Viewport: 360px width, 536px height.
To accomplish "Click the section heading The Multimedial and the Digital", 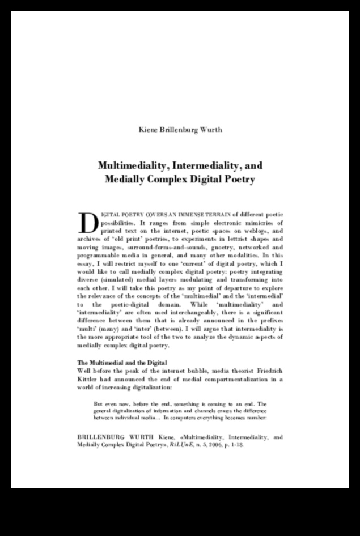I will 121,362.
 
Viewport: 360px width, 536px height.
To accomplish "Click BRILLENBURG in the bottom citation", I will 100,437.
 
